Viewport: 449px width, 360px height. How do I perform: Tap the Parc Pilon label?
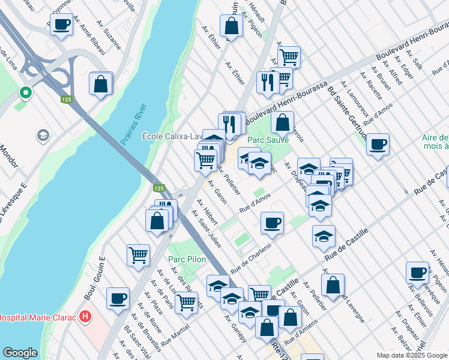(187, 259)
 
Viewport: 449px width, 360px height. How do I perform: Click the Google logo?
(20, 353)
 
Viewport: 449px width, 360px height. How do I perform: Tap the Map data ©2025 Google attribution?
(412, 355)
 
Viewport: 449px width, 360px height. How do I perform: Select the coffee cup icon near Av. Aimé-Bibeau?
(61, 25)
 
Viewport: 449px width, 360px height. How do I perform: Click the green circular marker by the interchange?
(25, 92)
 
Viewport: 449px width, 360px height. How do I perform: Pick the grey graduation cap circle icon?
(43, 135)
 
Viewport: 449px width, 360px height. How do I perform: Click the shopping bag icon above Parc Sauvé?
(282, 122)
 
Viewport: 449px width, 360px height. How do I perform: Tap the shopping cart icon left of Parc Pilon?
(138, 254)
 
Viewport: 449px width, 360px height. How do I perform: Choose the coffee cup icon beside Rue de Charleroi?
(272, 223)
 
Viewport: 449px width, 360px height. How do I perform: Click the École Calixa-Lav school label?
(170, 136)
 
